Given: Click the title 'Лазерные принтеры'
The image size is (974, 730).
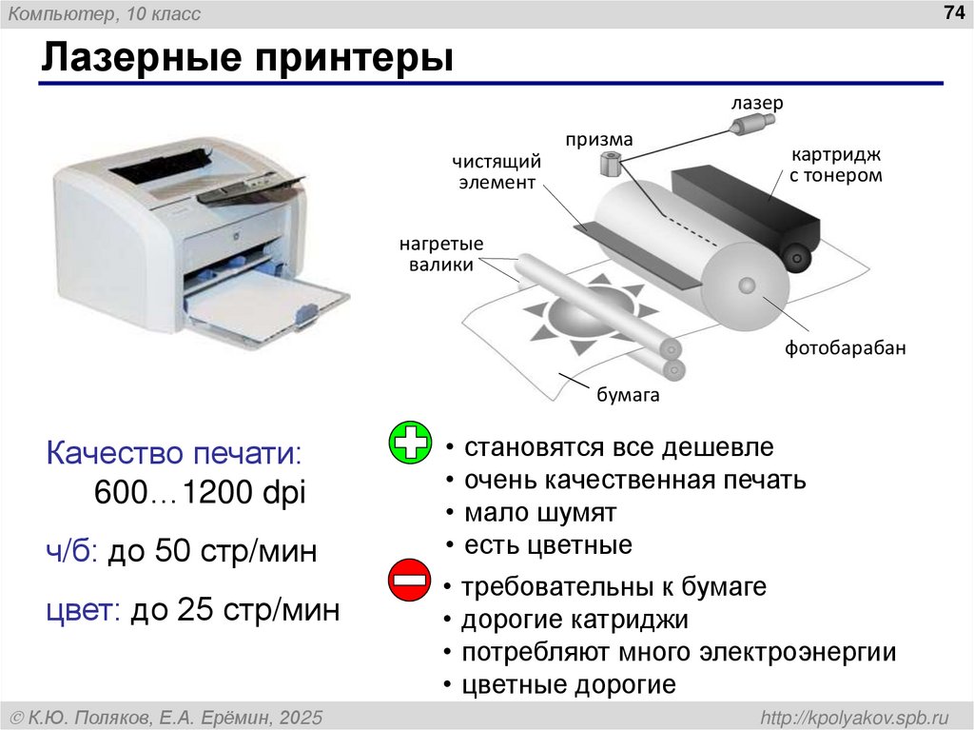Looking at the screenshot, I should pos(245,59).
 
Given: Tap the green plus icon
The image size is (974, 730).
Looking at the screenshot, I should pos(411,444).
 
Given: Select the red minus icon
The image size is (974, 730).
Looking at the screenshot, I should pos(411,582).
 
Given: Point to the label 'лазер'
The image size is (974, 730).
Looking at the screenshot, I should pos(756,103).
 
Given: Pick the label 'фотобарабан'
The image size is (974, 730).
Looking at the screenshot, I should pos(845,347).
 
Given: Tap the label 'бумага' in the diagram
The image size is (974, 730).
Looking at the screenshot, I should pos(628,395).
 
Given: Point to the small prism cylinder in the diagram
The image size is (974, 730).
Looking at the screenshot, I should pos(610,164).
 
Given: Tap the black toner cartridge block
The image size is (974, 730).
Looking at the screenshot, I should pos(742,205).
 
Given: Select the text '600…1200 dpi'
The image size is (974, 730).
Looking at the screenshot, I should pos(200,493).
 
